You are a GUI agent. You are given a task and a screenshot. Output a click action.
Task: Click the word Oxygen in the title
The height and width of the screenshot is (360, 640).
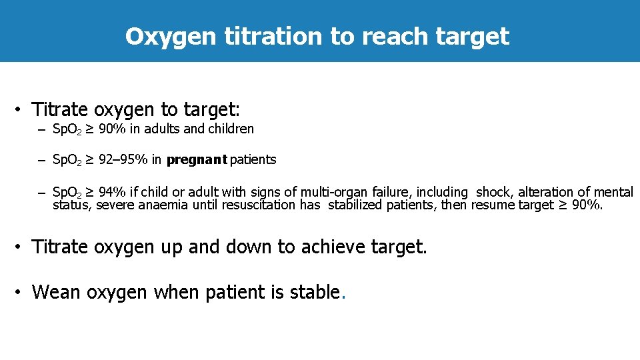tap(170, 36)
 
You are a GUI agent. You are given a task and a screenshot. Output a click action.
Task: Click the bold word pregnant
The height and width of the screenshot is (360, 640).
tap(197, 160)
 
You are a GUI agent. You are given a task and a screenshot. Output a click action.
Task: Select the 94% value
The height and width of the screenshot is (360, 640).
tap(111, 193)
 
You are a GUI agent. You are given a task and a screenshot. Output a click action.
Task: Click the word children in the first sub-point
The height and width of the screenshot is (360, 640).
tap(231, 129)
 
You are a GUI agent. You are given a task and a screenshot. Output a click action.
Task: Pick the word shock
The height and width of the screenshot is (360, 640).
tap(493, 193)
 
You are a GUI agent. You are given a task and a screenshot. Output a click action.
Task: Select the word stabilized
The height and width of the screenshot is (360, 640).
tap(361, 205)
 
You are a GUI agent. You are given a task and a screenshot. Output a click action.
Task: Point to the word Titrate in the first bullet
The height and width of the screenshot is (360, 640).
tap(61, 109)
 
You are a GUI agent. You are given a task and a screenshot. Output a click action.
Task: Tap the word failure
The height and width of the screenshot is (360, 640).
tap(389, 193)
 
